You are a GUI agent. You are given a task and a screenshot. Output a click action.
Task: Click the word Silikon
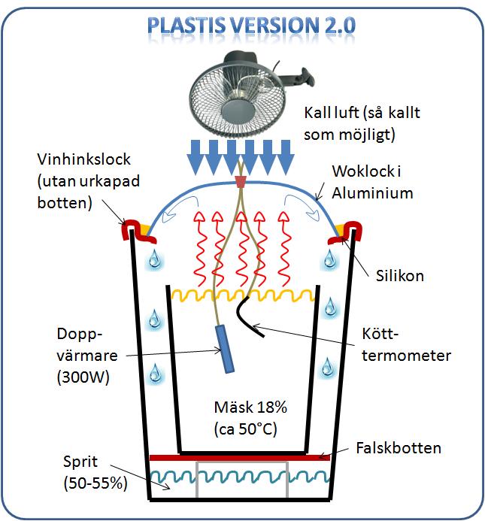click(399, 276)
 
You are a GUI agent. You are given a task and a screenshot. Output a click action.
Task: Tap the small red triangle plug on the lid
click(240, 182)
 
